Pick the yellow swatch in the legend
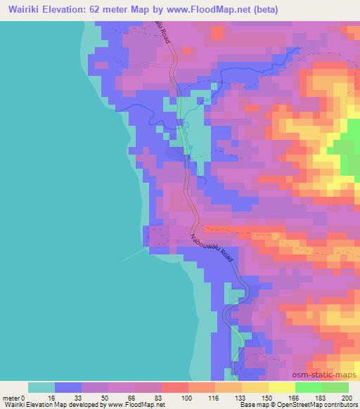click(281, 387)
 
